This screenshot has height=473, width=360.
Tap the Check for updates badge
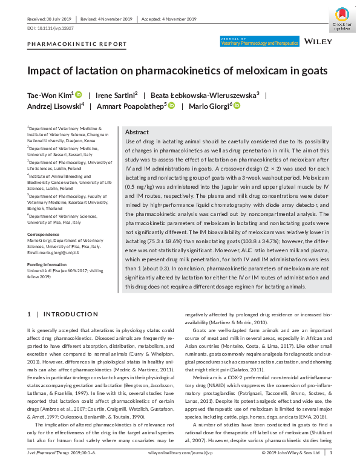point(342,18)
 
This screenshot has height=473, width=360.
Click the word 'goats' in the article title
point(311,71)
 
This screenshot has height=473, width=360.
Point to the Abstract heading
point(137,132)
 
